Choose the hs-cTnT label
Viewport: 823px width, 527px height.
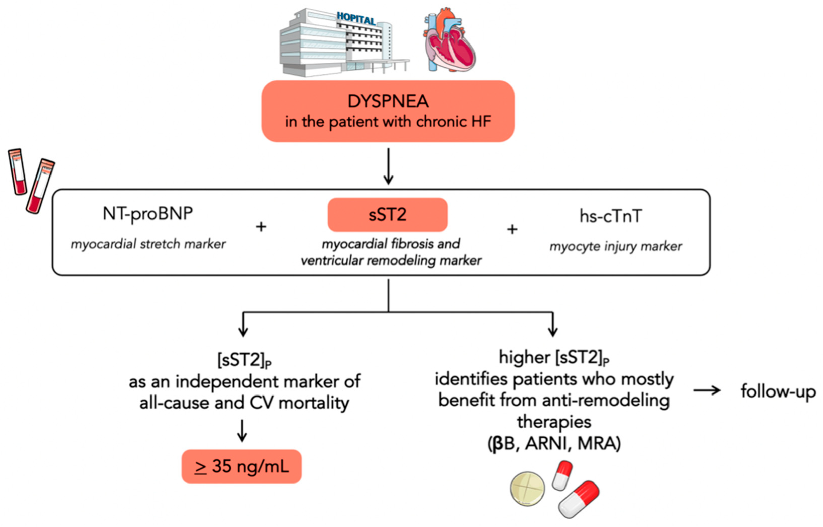pos(611,216)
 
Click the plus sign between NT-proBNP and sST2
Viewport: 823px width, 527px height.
pos(261,227)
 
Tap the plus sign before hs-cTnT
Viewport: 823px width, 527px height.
pos(512,229)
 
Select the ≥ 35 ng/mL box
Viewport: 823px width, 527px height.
pos(241,466)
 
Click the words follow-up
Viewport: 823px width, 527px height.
pos(778,391)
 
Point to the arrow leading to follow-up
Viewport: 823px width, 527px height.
pos(707,390)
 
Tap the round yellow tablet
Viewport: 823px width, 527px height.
pos(527,489)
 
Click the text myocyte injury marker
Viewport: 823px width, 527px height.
pos(615,246)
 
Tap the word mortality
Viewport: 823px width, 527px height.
pos(314,403)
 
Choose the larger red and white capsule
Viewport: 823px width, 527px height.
pos(579,499)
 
